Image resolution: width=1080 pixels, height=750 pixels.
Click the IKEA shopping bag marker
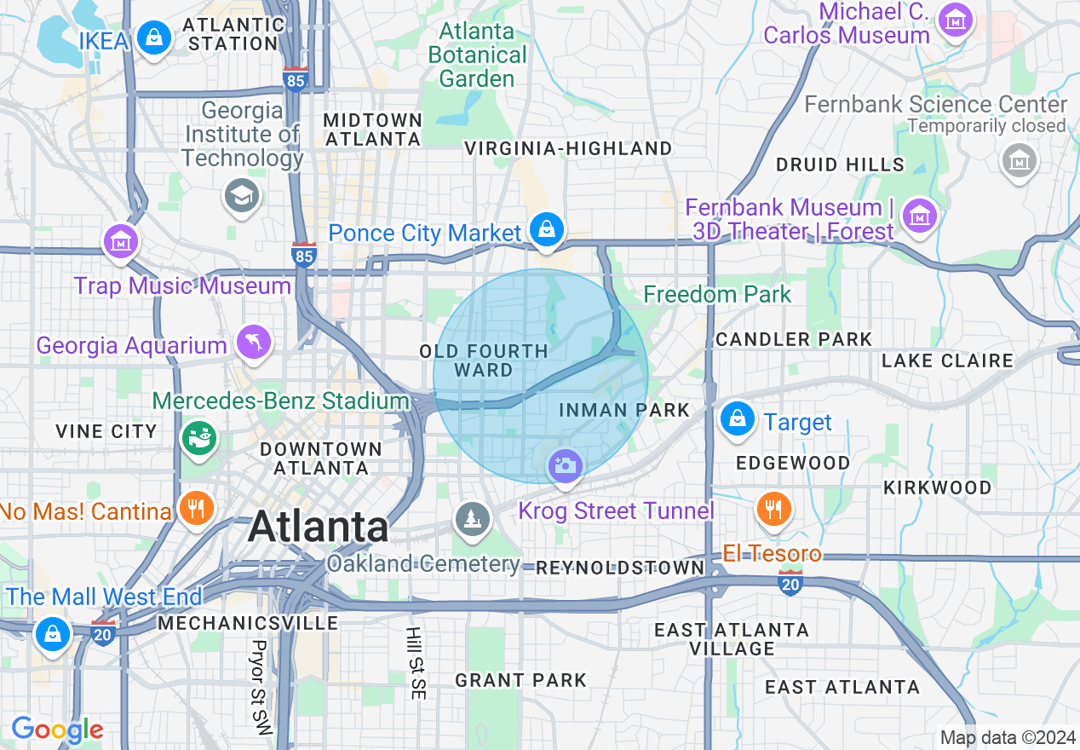(x=154, y=38)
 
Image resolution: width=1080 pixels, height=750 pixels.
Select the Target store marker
(x=738, y=418)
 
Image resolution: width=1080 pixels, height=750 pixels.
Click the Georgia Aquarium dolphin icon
(x=254, y=343)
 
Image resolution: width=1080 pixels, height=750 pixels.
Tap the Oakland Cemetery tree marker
(x=471, y=519)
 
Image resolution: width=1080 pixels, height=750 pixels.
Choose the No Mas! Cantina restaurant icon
(x=197, y=510)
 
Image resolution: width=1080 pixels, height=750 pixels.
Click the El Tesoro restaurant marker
(x=773, y=510)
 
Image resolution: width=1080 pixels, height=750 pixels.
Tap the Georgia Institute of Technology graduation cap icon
(x=242, y=197)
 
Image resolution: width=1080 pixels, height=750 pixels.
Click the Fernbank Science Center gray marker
(x=1019, y=160)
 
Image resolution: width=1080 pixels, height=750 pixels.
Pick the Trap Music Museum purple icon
(x=120, y=241)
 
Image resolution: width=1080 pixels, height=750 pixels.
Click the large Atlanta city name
(x=319, y=527)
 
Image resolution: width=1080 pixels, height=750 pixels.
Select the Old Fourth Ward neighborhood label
(x=483, y=361)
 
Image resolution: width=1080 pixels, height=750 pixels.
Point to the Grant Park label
(x=520, y=680)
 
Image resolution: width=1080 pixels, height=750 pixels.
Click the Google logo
(x=57, y=730)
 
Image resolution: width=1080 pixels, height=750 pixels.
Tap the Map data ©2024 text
(x=1007, y=737)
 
